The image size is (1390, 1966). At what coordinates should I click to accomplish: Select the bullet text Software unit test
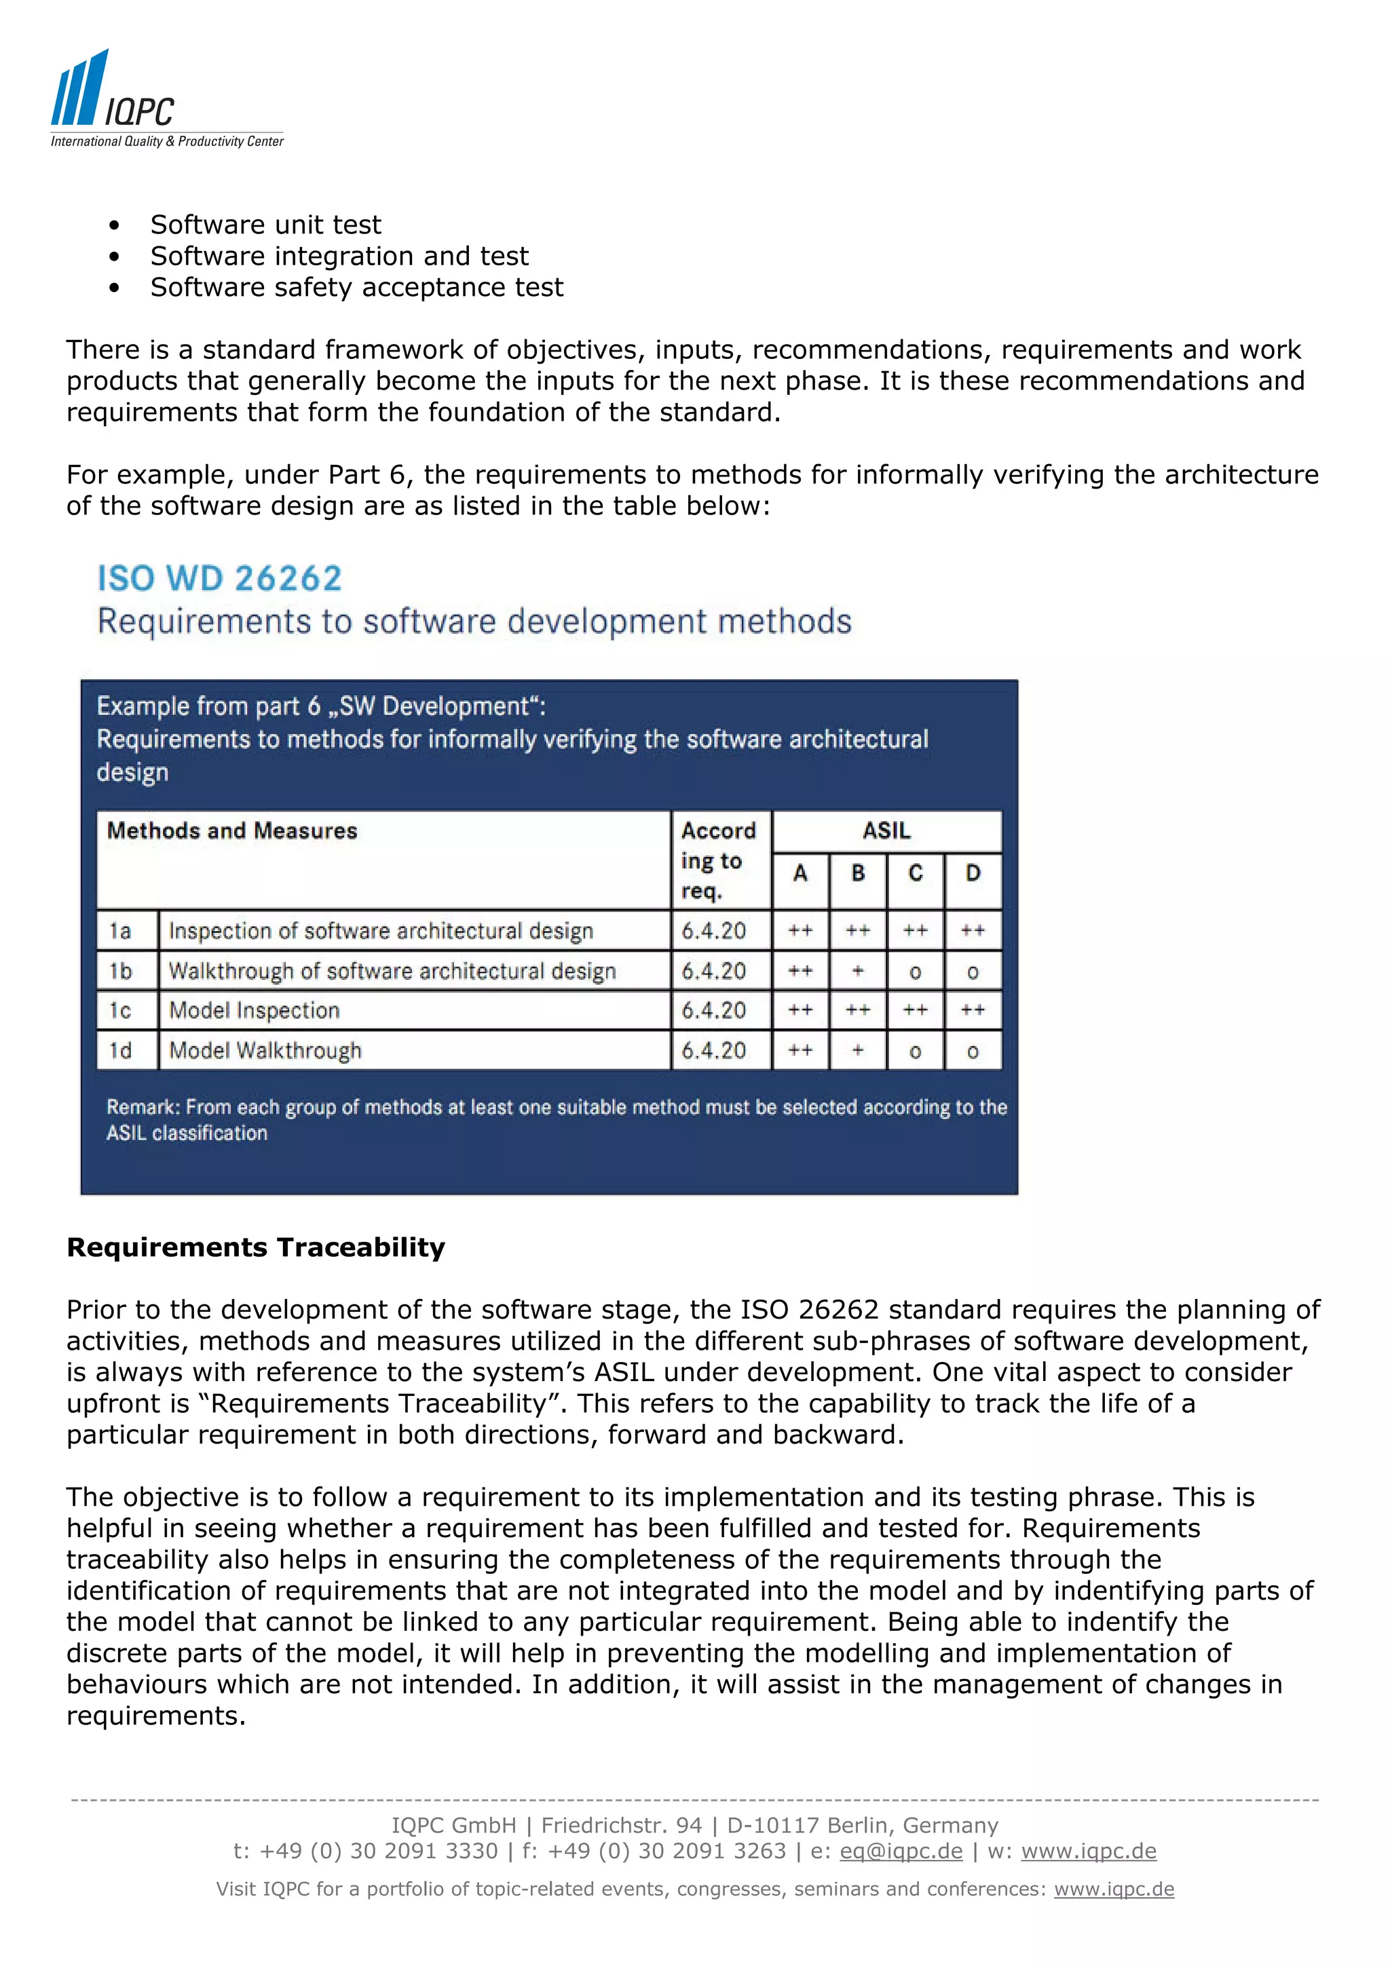[x=265, y=225]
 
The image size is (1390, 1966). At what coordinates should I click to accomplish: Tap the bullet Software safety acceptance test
[x=356, y=288]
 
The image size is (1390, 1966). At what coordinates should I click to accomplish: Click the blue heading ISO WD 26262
[x=219, y=579]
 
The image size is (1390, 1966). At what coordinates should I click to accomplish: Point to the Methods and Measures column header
[x=232, y=831]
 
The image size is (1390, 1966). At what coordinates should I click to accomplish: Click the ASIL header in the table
[x=886, y=831]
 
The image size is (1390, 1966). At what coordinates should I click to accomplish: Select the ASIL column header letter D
[x=973, y=873]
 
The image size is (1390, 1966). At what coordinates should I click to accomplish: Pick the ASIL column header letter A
[x=800, y=873]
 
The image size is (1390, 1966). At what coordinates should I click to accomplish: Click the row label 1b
[x=121, y=971]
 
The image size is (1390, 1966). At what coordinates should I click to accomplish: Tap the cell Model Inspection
[x=255, y=1010]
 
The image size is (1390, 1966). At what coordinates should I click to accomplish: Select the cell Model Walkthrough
[x=265, y=1051]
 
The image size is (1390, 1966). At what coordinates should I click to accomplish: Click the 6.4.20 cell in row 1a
[x=713, y=931]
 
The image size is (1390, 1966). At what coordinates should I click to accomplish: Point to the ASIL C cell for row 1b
[x=916, y=972]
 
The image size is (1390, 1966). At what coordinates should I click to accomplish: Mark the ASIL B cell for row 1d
[x=857, y=1051]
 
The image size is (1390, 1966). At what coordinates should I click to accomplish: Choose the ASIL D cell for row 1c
[x=973, y=1010]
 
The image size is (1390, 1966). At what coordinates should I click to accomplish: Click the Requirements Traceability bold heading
[x=256, y=1247]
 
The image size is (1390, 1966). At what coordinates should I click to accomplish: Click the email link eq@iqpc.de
[x=901, y=1851]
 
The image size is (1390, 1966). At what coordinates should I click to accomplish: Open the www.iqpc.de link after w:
[x=1089, y=1851]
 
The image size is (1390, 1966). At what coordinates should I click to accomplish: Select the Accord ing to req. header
[x=717, y=860]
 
